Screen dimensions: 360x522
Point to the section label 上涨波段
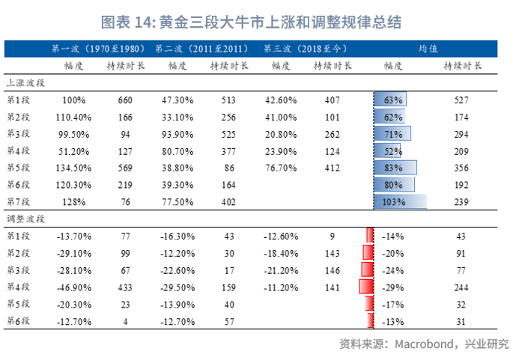25,83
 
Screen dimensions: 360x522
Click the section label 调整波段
25,219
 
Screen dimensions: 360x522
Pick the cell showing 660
125,100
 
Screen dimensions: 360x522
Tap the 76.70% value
279,168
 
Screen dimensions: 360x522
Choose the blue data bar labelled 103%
400,202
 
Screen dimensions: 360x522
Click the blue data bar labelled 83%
395,168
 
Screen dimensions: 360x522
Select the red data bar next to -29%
366,287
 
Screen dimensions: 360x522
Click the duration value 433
125,287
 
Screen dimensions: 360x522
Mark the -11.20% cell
279,287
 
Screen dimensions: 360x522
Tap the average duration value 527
461,100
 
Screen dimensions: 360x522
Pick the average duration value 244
461,287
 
